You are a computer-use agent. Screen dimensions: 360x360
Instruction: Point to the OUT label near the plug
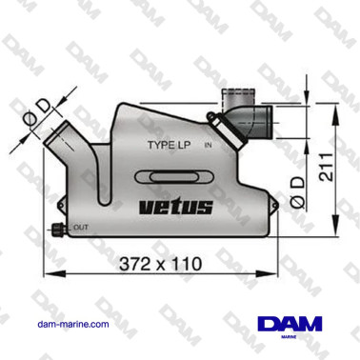pyautogui.click(x=81, y=228)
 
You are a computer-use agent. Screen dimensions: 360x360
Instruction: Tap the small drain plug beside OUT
pyautogui.click(x=59, y=228)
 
